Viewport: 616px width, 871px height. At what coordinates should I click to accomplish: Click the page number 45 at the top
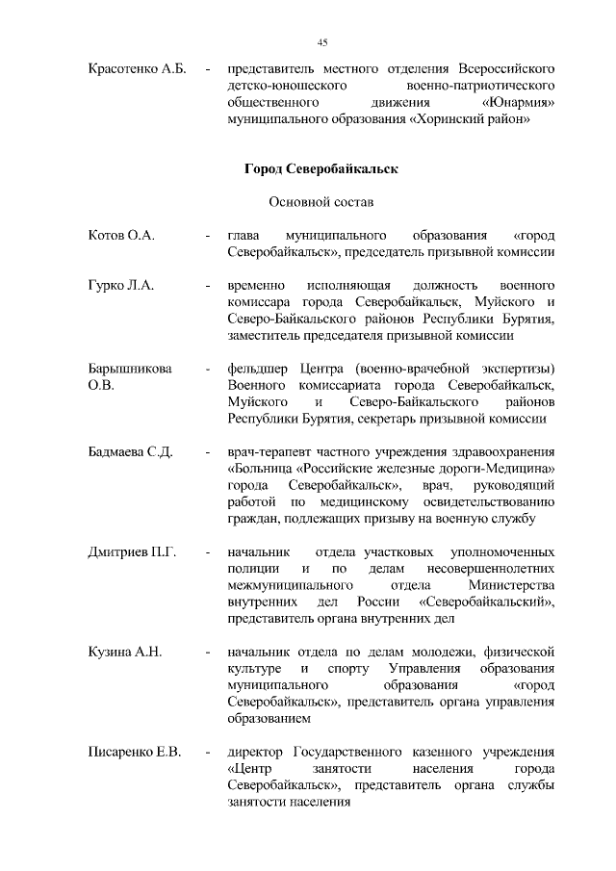coord(322,41)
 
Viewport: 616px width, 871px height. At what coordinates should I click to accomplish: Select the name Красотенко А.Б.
coord(136,70)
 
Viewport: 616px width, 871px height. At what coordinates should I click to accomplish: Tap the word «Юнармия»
coord(520,101)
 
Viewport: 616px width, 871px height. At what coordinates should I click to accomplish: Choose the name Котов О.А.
coord(121,236)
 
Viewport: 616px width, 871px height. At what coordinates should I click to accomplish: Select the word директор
coord(257,752)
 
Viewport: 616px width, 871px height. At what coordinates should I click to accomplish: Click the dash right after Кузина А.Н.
coord(207,653)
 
